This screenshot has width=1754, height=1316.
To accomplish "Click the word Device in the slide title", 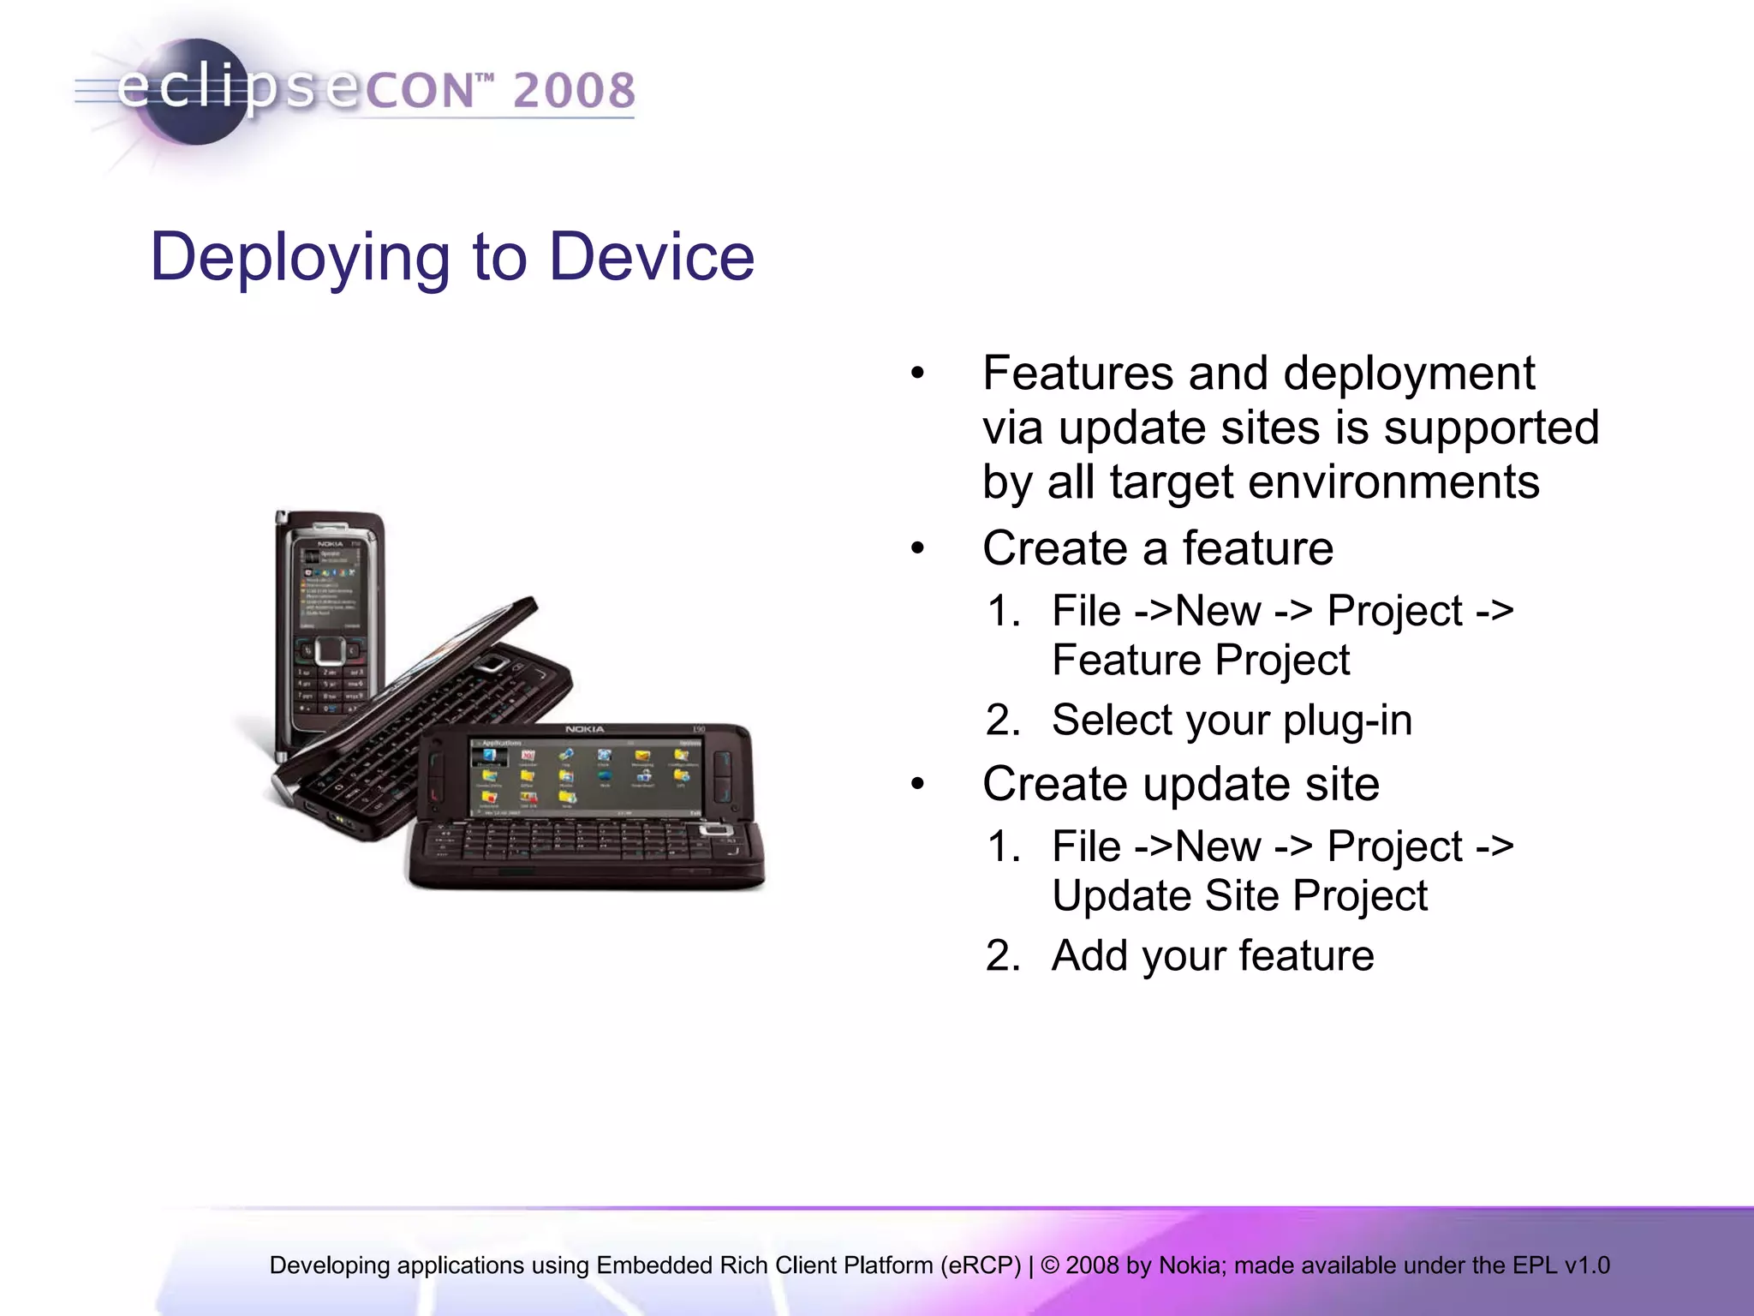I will [x=652, y=257].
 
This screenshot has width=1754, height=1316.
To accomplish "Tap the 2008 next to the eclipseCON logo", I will [x=575, y=91].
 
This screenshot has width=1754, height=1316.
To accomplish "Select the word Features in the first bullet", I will [x=1077, y=374].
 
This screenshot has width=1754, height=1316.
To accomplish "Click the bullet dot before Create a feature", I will [x=918, y=548].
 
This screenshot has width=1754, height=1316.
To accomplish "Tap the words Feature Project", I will [x=1200, y=661].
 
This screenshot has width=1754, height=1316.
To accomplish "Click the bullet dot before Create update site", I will [x=918, y=784].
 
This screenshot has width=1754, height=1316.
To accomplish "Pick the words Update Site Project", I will [x=1239, y=896].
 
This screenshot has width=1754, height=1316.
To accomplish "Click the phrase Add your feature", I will [x=1212, y=955].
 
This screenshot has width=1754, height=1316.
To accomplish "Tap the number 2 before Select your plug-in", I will [x=1002, y=720].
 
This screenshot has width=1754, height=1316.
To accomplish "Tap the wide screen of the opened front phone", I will [x=586, y=775].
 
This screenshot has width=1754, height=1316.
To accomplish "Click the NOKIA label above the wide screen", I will [x=584, y=729].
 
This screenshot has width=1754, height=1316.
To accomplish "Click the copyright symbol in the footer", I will [x=1050, y=1265].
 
